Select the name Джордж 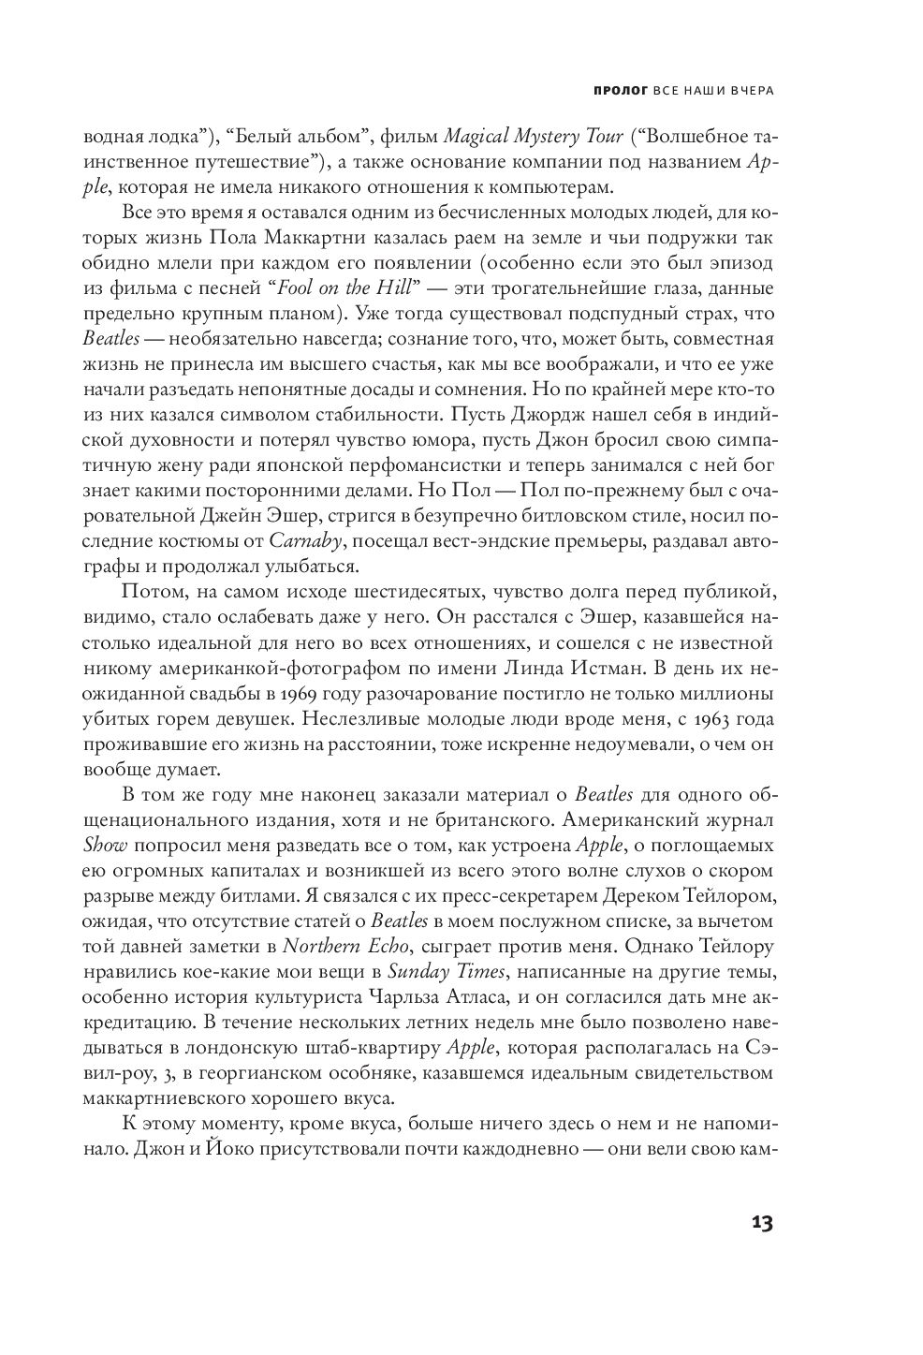[552, 414]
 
